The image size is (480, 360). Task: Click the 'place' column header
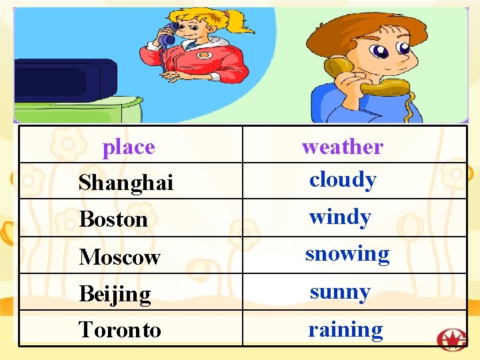[129, 147]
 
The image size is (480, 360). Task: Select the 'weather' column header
[343, 147]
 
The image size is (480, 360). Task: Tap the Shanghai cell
[126, 182]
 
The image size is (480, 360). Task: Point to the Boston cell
[113, 219]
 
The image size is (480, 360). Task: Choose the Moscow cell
[120, 257]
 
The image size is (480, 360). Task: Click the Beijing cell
[115, 293]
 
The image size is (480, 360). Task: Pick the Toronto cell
[120, 329]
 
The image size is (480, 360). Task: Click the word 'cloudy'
[343, 180]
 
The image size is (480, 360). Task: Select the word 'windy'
[340, 217]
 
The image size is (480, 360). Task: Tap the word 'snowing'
[347, 254]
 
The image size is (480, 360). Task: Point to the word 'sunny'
[340, 292]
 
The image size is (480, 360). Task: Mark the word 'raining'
[345, 329]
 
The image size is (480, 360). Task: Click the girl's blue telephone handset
[167, 34]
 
